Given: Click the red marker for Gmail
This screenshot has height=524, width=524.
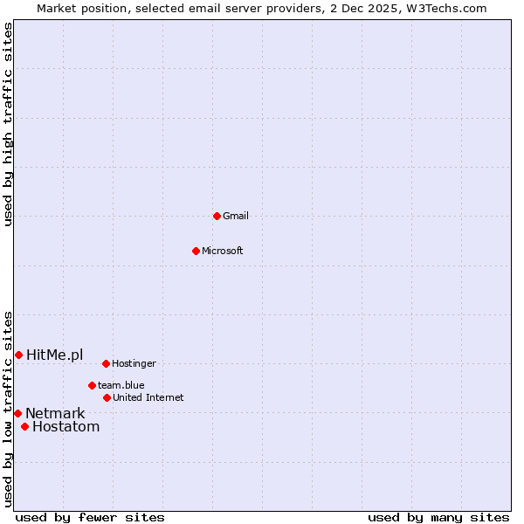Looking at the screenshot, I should pos(217,216).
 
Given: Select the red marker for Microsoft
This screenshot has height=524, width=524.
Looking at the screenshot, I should pos(196,251).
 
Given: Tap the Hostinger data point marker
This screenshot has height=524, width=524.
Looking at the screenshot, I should pos(106,363).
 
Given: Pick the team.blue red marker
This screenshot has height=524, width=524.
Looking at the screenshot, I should pos(92,385).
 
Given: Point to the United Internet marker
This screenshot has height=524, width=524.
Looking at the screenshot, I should pos(107,397).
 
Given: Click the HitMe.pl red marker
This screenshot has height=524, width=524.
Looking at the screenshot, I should pos(18,355).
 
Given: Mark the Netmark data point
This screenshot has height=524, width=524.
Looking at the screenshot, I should pos(17,413).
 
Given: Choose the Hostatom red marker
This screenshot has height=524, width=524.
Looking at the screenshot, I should pos(24,427).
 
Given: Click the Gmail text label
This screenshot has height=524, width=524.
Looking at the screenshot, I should pos(236,217).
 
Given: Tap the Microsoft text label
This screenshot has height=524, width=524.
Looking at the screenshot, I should pos(223,252).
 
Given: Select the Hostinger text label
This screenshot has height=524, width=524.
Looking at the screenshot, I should pos(134,363).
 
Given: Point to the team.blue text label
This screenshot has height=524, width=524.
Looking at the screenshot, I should pos(121,385).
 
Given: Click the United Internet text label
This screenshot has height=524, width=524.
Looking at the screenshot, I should pos(148,398).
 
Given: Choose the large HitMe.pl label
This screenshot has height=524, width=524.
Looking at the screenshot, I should pos(55,355).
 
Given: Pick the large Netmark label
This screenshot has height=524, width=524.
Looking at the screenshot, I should pos(55,414).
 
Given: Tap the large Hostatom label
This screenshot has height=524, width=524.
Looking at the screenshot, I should pos(65,427).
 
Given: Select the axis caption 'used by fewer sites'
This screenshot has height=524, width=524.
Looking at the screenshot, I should pos(90,517).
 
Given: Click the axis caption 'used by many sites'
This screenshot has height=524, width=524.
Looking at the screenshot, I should pos(438,517).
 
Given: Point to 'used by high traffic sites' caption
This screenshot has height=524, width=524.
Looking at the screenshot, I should pos(8,124).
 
